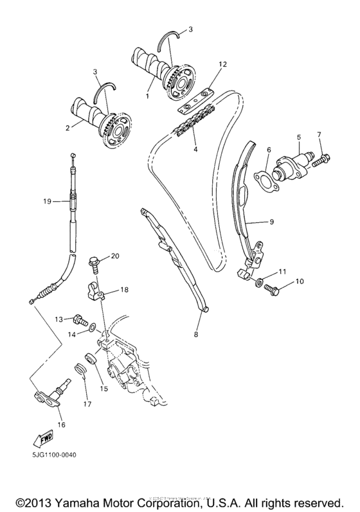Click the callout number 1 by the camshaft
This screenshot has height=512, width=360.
[147, 95]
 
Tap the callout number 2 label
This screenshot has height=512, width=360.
[66, 127]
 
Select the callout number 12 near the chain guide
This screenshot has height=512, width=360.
[223, 64]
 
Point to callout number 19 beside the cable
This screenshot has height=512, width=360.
[47, 201]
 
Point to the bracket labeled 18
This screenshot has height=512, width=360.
[96, 291]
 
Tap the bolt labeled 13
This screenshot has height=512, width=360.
[80, 317]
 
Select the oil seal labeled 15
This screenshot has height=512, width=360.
[89, 358]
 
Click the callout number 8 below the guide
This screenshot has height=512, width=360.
[198, 335]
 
